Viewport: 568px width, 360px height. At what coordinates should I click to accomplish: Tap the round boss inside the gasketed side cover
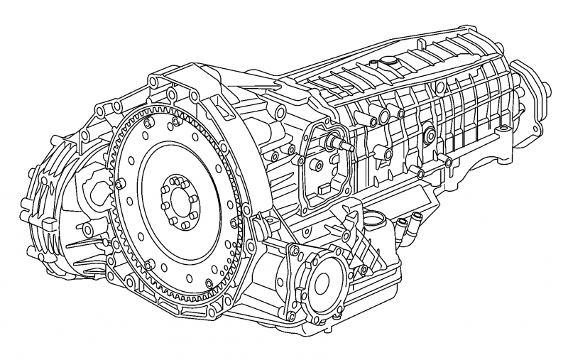[315, 165]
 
